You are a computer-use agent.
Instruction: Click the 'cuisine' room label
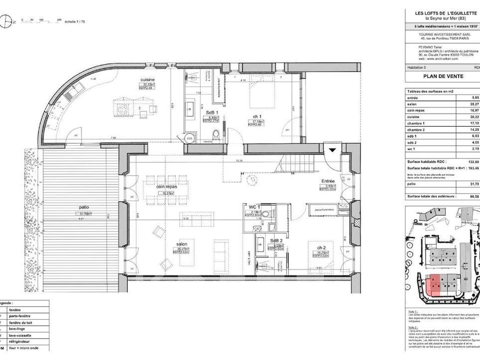[147, 80]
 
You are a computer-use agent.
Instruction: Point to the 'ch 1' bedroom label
[257, 116]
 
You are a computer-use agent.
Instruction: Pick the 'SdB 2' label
[277, 240]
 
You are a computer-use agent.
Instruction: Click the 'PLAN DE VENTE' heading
[443, 77]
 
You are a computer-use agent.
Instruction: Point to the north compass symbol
[6, 20]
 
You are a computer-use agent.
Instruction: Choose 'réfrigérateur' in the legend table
[21, 342]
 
